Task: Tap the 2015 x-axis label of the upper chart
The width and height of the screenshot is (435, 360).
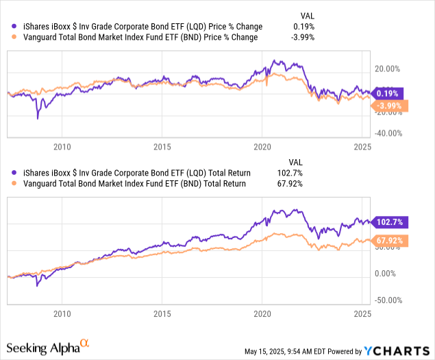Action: [162, 146]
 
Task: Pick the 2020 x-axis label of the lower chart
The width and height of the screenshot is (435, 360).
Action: [262, 313]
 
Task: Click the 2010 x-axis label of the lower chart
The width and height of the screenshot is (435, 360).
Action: [62, 313]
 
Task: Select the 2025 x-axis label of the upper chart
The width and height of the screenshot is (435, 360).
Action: [362, 146]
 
